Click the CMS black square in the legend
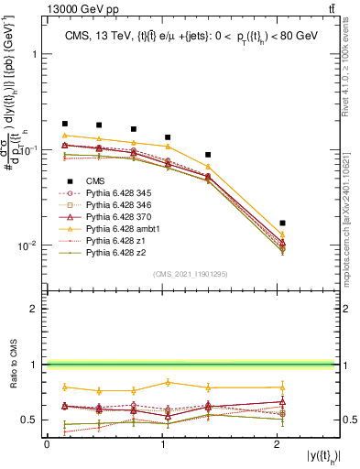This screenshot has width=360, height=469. point(71,181)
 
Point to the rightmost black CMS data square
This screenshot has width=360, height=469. point(282,223)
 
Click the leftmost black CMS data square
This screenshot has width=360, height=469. point(65,123)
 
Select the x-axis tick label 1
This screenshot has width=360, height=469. point(162,444)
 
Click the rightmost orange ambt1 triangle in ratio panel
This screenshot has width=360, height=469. point(282,387)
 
